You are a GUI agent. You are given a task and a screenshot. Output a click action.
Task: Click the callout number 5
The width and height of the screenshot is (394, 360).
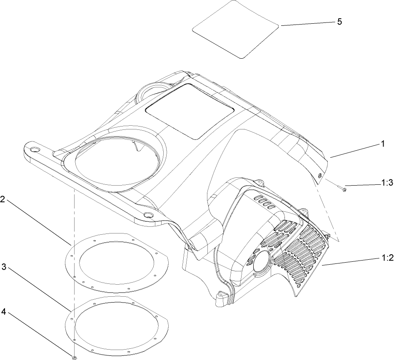(x=339, y=22)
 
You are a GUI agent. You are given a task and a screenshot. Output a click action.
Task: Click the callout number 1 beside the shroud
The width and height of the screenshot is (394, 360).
(x=382, y=144)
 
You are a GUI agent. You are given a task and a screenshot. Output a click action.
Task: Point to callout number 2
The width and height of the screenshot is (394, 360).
(x=3, y=199)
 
